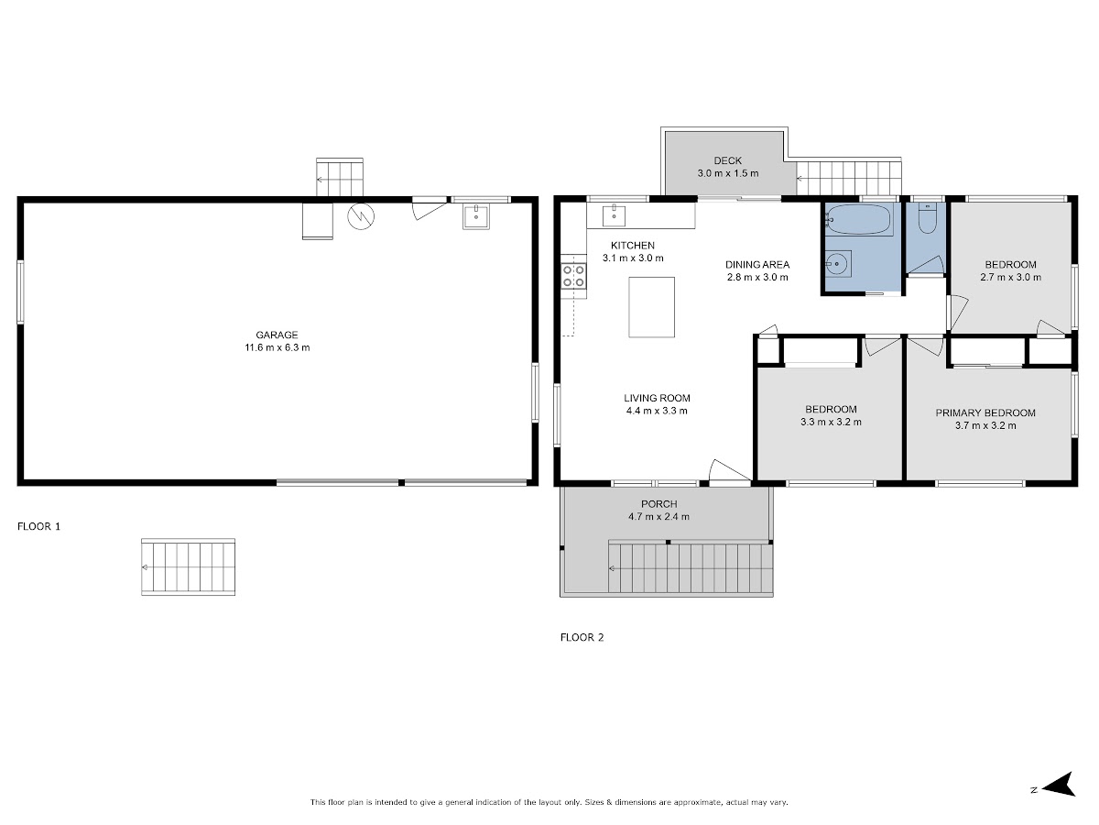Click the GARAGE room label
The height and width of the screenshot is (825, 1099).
coord(277,335)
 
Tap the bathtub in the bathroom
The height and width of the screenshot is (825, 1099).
coord(859,219)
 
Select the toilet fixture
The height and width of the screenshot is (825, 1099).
coord(927,218)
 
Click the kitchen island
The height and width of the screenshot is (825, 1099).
coord(651,307)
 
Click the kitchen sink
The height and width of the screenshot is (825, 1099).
coord(614,215)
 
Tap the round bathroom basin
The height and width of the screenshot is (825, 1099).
coord(836,263)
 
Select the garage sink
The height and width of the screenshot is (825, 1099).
coord(476,216)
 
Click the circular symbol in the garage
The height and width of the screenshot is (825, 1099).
coord(361,216)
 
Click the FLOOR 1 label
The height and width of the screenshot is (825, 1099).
coord(39,526)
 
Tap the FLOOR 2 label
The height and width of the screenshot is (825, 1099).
coord(582,637)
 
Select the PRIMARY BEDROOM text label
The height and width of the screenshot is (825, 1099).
coord(985,412)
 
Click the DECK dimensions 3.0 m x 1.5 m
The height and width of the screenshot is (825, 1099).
coord(728,173)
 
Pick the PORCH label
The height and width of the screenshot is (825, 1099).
coord(658,504)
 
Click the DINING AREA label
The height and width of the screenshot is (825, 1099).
coord(757,265)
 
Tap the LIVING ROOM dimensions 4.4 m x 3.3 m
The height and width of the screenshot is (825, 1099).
coord(657,411)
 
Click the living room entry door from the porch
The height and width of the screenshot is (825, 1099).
coord(731,472)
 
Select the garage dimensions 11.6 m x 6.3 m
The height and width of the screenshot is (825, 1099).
coord(277,347)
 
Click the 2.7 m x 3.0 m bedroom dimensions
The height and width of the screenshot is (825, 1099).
coord(1010,277)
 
